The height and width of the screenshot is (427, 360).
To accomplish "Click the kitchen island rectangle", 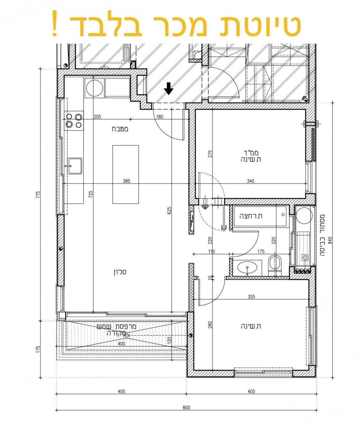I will [126, 174].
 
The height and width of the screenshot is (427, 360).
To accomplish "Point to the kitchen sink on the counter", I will [75, 166].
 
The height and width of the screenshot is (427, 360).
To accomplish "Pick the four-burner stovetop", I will [74, 120].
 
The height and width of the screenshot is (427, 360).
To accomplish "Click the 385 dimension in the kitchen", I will [126, 181].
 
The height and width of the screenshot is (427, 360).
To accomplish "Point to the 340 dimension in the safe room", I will [250, 181].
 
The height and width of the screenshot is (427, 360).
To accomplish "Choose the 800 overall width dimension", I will [186, 408].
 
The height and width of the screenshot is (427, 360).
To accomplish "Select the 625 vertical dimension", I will [170, 211].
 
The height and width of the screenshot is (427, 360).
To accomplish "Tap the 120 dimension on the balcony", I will [169, 339].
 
